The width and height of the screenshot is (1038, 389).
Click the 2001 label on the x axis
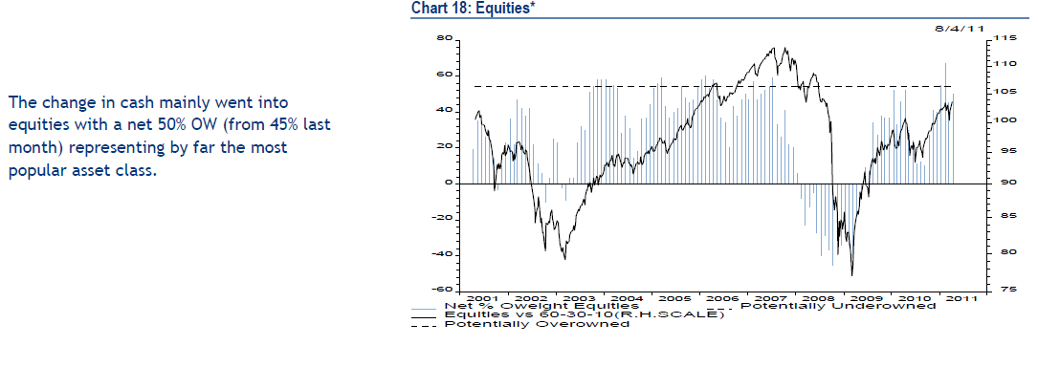click(486, 298)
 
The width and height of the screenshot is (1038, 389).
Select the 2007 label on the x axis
click(771, 298)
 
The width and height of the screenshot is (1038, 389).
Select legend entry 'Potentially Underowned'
click(838, 306)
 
